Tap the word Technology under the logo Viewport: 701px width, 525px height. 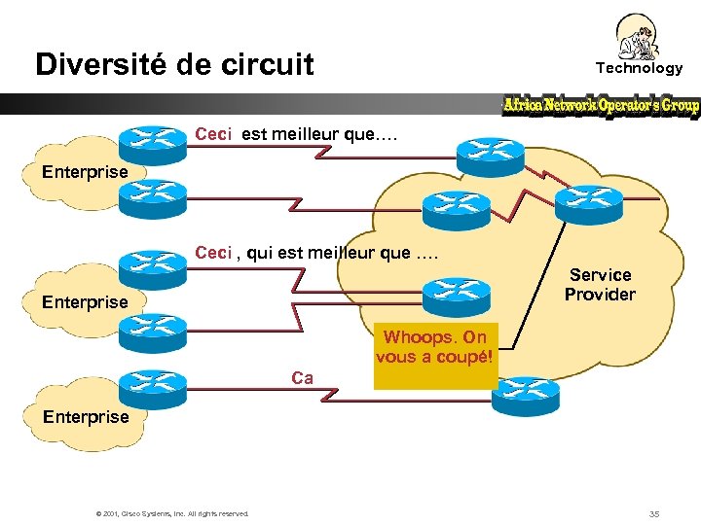point(639,68)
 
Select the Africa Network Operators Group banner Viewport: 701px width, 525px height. point(601,105)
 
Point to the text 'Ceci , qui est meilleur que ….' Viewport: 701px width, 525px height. point(316,254)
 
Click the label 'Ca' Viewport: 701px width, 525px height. point(302,378)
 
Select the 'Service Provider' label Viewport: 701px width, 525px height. point(600,285)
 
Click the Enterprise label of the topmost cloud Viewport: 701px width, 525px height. point(85,172)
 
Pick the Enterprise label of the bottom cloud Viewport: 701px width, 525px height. point(85,417)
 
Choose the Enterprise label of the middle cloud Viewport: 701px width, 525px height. point(85,302)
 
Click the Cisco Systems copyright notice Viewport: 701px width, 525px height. point(172,513)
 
